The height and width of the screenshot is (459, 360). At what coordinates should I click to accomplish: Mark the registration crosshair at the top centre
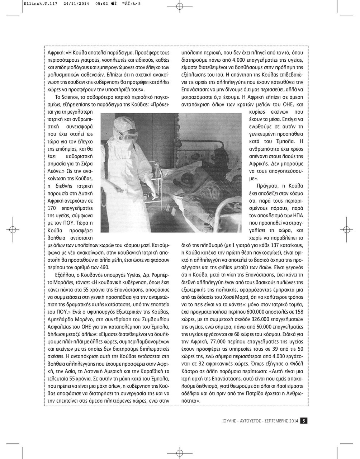pos(180,6)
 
